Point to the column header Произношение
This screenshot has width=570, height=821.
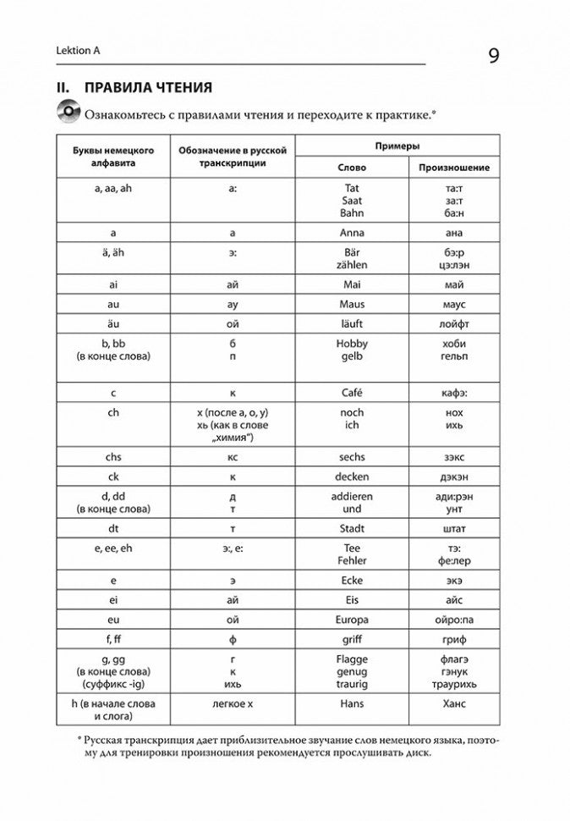click(454, 168)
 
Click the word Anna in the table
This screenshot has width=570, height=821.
click(353, 232)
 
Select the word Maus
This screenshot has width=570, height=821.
click(353, 304)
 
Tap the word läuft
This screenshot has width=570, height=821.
click(353, 323)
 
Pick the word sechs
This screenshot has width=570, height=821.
click(353, 457)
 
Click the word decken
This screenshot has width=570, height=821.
click(353, 477)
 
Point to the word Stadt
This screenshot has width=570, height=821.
click(353, 528)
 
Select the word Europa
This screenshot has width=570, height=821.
click(353, 620)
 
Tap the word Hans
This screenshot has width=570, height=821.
click(353, 703)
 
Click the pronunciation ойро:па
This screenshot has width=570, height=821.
click(454, 620)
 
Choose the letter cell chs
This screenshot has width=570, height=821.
click(114, 457)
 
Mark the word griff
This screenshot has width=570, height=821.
click(353, 639)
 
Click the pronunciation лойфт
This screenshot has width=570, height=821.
click(454, 323)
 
